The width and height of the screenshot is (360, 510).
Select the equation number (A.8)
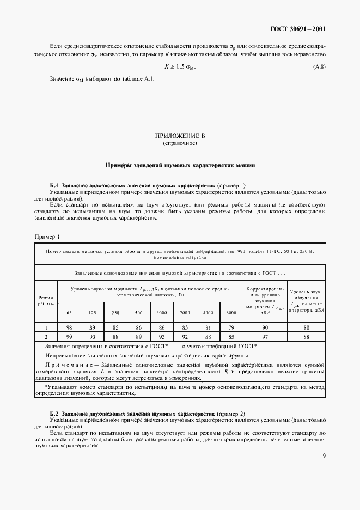pos(319,66)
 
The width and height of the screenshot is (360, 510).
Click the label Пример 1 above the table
pos(47,237)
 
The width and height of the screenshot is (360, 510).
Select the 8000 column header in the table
pos(231,312)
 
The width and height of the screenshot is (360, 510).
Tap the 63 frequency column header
pos(69,312)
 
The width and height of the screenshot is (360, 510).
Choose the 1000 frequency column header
pos(162,312)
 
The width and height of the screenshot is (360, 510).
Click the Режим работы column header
pos(46,300)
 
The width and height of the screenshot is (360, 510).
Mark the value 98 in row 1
pos(69,327)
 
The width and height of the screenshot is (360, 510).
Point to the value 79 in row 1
pos(231,327)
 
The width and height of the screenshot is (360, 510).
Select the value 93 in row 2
pos(162,337)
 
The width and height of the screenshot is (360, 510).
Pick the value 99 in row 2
pos(69,337)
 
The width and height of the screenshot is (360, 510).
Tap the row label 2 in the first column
pos(46,337)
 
